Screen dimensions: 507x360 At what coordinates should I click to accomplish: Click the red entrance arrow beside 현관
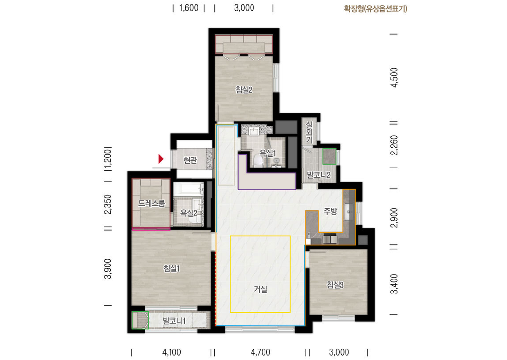[161, 159]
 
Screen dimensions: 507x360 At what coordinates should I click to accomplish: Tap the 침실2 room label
[244, 90]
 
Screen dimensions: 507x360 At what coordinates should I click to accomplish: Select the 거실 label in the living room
[260, 289]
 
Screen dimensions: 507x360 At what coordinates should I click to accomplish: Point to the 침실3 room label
[335, 285]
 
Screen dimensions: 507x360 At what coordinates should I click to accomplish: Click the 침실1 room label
[172, 268]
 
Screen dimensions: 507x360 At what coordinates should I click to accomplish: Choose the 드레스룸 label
[151, 203]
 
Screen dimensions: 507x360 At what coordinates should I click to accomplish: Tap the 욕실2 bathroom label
[188, 213]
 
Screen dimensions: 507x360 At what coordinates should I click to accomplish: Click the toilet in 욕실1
[258, 161]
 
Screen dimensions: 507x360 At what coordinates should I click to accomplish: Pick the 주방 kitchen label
[330, 211]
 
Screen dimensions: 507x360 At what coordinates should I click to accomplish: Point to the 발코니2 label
[319, 175]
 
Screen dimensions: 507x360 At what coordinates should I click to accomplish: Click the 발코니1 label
[174, 321]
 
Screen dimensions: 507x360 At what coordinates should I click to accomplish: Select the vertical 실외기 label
[309, 132]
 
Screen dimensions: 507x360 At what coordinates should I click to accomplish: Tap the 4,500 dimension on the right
[394, 77]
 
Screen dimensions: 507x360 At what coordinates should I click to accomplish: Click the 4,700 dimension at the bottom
[260, 352]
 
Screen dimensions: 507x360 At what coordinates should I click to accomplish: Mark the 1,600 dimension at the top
[189, 8]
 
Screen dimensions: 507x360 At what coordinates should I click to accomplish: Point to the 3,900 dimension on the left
[108, 269]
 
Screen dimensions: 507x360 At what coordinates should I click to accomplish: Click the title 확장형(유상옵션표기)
[375, 9]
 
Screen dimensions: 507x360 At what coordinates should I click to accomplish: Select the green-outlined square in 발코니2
[329, 156]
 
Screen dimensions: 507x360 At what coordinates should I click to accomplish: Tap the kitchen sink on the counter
[348, 212]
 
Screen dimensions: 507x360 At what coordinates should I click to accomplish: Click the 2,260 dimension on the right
[394, 145]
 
